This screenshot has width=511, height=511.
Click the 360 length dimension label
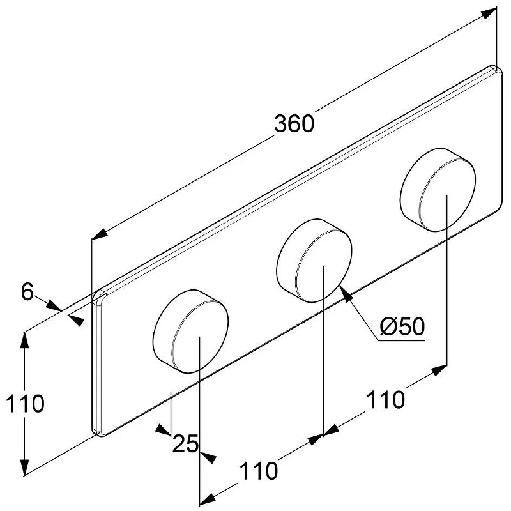coord(294,124)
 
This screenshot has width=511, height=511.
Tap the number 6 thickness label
coord(27,291)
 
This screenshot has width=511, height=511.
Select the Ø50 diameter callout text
coord(402,326)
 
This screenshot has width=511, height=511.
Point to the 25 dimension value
coord(185,443)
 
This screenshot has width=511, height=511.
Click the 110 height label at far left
coord(25,404)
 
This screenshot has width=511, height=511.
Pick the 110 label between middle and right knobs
coord(386,400)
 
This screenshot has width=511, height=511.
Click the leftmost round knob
coord(190,332)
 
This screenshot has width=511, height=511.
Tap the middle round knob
coord(314,261)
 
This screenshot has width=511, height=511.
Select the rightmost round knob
coord(438,190)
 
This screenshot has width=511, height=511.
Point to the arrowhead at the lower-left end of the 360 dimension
coord(100,234)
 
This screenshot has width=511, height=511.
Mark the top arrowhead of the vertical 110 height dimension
coord(25,340)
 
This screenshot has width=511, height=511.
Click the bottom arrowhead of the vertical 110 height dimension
coord(25,468)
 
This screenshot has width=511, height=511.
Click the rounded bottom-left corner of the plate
coord(98,432)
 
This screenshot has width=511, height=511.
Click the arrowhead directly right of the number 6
coord(54,306)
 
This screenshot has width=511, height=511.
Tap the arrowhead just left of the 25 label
coord(163,430)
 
